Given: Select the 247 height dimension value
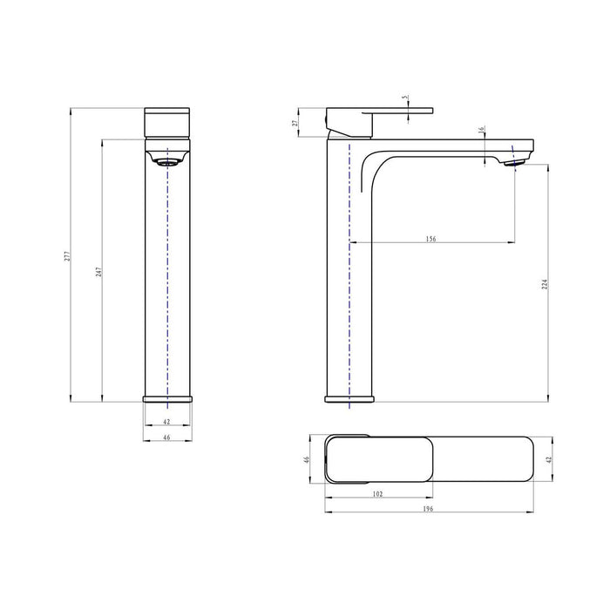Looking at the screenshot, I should (x=100, y=271).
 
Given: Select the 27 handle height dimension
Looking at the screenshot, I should (x=296, y=123).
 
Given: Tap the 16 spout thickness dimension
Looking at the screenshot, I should (x=482, y=131).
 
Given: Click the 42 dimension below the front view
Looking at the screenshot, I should (x=166, y=422).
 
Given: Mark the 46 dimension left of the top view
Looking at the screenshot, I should (x=306, y=459).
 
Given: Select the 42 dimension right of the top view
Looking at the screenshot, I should (x=548, y=459).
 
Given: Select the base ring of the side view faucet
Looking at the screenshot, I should (x=349, y=399).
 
